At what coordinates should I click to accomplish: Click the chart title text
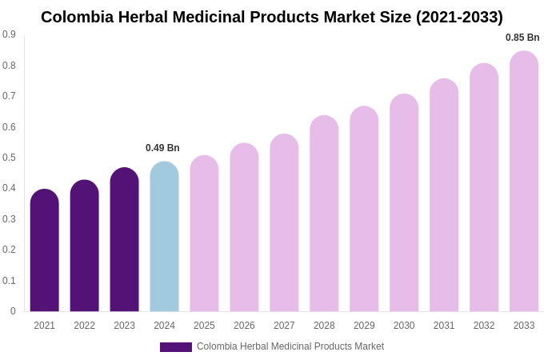coord(272,17)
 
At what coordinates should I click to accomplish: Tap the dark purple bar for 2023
coord(124,240)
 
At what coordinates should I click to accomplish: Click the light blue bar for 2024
coord(164,237)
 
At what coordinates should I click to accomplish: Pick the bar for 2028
coord(324,214)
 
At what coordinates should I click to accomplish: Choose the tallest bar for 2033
coord(524,182)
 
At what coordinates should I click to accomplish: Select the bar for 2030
coord(404,203)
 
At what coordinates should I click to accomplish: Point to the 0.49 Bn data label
coord(162,148)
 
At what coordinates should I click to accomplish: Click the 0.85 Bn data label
coord(522,38)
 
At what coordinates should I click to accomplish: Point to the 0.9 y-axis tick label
coord(9,34)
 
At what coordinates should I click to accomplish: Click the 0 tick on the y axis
coord(13,311)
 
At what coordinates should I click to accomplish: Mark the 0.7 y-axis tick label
coord(9,96)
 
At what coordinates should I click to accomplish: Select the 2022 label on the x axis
coord(84,326)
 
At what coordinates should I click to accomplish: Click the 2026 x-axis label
coord(244,326)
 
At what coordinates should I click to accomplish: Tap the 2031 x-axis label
coord(444,326)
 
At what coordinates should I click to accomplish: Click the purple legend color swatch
coord(176,347)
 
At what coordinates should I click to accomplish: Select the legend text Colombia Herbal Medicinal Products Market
coord(290,346)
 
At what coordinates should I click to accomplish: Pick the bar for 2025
coord(204,234)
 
